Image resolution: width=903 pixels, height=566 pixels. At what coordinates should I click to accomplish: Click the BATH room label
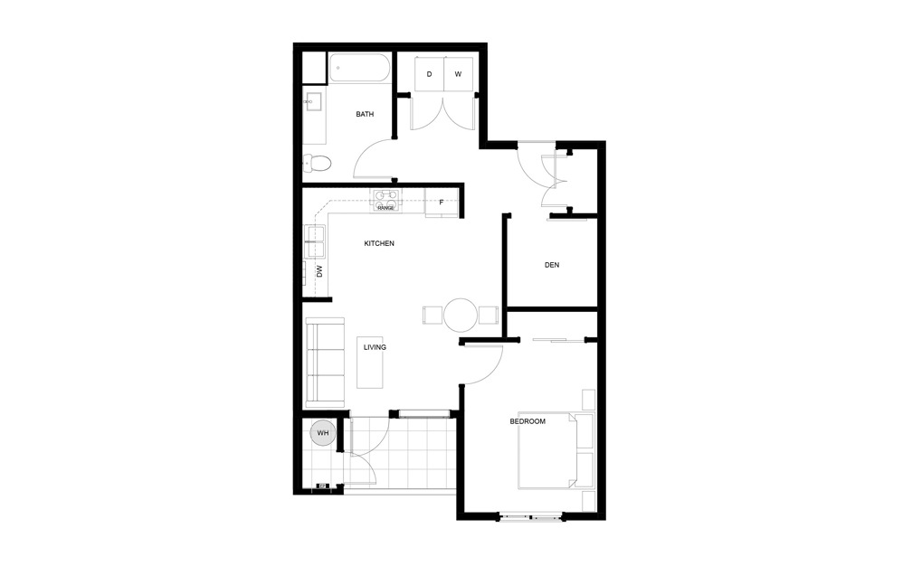click(365, 115)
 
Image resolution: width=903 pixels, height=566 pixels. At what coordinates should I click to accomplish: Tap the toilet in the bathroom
click(318, 164)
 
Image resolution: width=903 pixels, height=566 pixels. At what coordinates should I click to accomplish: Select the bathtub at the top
click(360, 69)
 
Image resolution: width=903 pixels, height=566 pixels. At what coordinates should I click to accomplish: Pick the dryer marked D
click(429, 73)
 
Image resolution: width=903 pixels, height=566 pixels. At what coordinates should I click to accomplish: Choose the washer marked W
click(458, 73)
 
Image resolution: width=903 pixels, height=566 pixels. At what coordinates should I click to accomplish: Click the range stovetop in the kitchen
click(385, 198)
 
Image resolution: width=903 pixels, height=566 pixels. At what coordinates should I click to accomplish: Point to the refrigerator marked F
click(442, 203)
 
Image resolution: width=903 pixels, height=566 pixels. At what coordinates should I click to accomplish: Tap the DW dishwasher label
click(319, 270)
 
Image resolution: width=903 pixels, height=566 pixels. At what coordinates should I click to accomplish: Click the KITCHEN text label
click(379, 243)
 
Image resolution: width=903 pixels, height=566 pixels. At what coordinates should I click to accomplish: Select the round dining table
click(460, 315)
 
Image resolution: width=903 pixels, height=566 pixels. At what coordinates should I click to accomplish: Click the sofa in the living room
click(326, 363)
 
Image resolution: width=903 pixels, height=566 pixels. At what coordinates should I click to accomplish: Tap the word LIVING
click(375, 347)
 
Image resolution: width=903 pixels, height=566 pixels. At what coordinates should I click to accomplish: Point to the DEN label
click(552, 265)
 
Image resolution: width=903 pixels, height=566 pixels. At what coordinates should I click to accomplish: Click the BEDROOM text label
click(528, 421)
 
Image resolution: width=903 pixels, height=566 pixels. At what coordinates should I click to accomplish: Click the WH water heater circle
click(322, 434)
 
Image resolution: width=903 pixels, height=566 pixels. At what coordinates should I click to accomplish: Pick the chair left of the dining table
click(431, 315)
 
